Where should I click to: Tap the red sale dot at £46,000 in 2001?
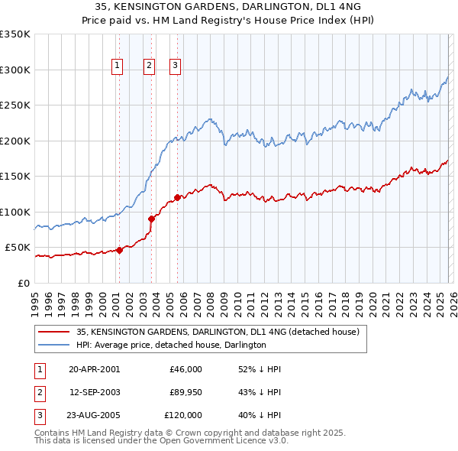point(120,250)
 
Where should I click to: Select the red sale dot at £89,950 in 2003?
point(151,219)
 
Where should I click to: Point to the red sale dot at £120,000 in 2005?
point(177,197)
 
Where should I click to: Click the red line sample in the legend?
point(54,332)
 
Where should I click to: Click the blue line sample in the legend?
point(54,345)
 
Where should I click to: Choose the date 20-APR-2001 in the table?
point(94,369)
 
